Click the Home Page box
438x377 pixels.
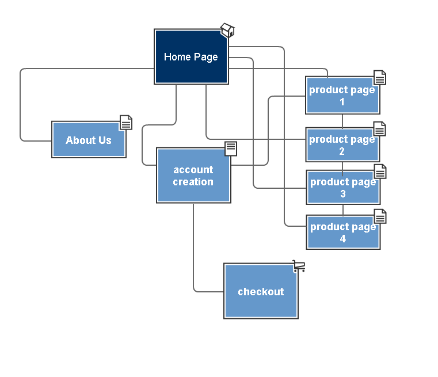tap(191, 56)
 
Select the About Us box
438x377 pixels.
tap(89, 140)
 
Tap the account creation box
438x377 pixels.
tap(193, 176)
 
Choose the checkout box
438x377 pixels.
tap(261, 291)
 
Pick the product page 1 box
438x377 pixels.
tap(343, 95)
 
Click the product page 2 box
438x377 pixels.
tap(343, 144)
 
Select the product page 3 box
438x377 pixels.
tap(343, 188)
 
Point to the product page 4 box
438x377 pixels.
tap(343, 233)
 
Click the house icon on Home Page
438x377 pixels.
tap(228, 30)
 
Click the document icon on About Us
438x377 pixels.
tap(126, 123)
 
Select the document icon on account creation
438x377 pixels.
tap(231, 148)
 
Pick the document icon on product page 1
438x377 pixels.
tap(380, 77)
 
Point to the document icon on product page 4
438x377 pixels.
tap(380, 216)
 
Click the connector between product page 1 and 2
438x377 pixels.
tap(342, 121)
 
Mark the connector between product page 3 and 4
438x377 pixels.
tap(343, 210)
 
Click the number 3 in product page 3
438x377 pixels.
tap(343, 194)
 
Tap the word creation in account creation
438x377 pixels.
tap(193, 182)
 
